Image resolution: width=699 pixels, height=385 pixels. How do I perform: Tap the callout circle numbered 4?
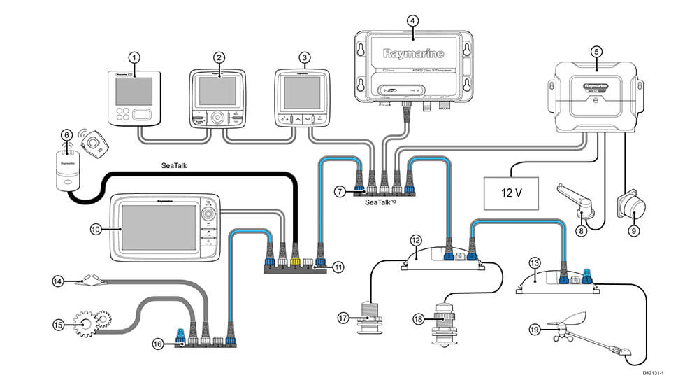413,20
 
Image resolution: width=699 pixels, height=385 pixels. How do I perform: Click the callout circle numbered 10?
96,228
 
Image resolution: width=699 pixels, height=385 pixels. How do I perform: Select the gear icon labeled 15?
92,322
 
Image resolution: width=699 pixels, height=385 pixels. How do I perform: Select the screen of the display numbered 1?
134,92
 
